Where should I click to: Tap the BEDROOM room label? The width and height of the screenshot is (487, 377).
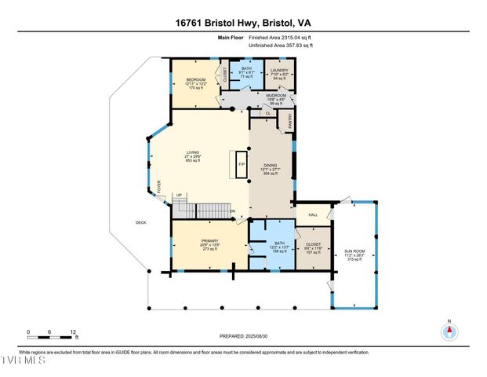(194, 79)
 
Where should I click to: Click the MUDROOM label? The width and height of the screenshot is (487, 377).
(277, 95)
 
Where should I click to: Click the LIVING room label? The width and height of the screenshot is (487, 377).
(191, 152)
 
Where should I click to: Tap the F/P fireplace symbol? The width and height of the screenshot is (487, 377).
(242, 164)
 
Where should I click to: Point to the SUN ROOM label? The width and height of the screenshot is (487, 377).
(354, 251)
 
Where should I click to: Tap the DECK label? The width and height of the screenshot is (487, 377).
(141, 222)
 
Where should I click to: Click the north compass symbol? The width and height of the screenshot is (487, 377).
(449, 331)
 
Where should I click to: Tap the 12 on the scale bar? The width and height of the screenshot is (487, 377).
(72, 331)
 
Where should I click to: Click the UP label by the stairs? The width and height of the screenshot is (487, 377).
(179, 196)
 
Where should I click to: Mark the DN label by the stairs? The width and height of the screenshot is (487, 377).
(233, 211)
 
